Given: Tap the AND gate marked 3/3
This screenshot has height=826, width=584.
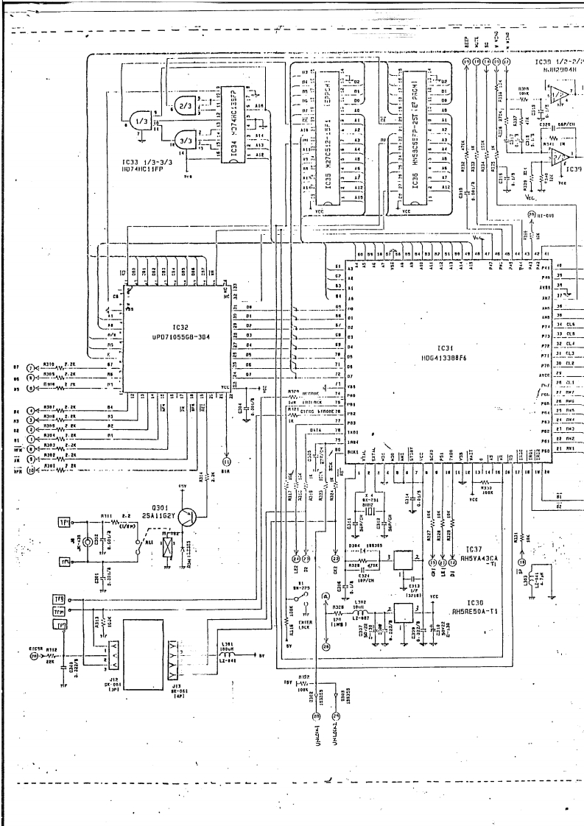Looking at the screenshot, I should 184,140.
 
